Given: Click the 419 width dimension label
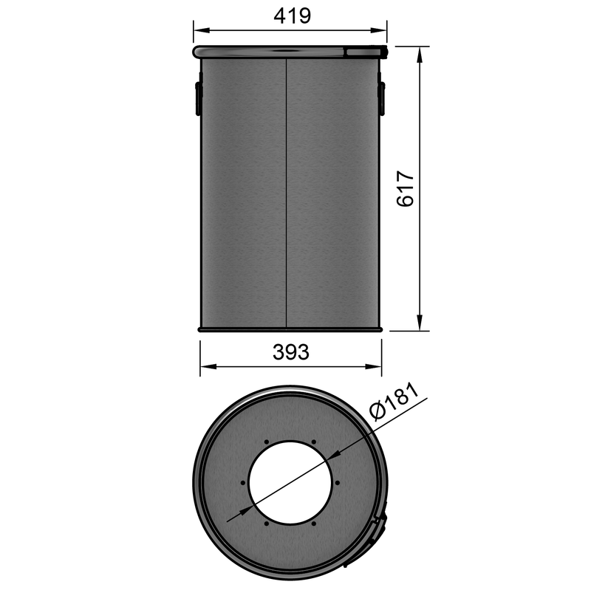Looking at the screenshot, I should pyautogui.click(x=290, y=16).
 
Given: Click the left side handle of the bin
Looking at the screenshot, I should pyautogui.click(x=198, y=98).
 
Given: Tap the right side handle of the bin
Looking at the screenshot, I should pyautogui.click(x=382, y=98).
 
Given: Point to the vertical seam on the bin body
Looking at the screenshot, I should pyautogui.click(x=286, y=192).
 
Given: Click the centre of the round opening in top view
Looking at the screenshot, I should pyautogui.click(x=290, y=484).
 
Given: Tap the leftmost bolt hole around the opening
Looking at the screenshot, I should pyautogui.click(x=243, y=484).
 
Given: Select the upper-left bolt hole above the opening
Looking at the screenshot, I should pyautogui.click(x=267, y=443).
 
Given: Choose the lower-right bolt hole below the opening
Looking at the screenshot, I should pyautogui.click(x=314, y=524).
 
